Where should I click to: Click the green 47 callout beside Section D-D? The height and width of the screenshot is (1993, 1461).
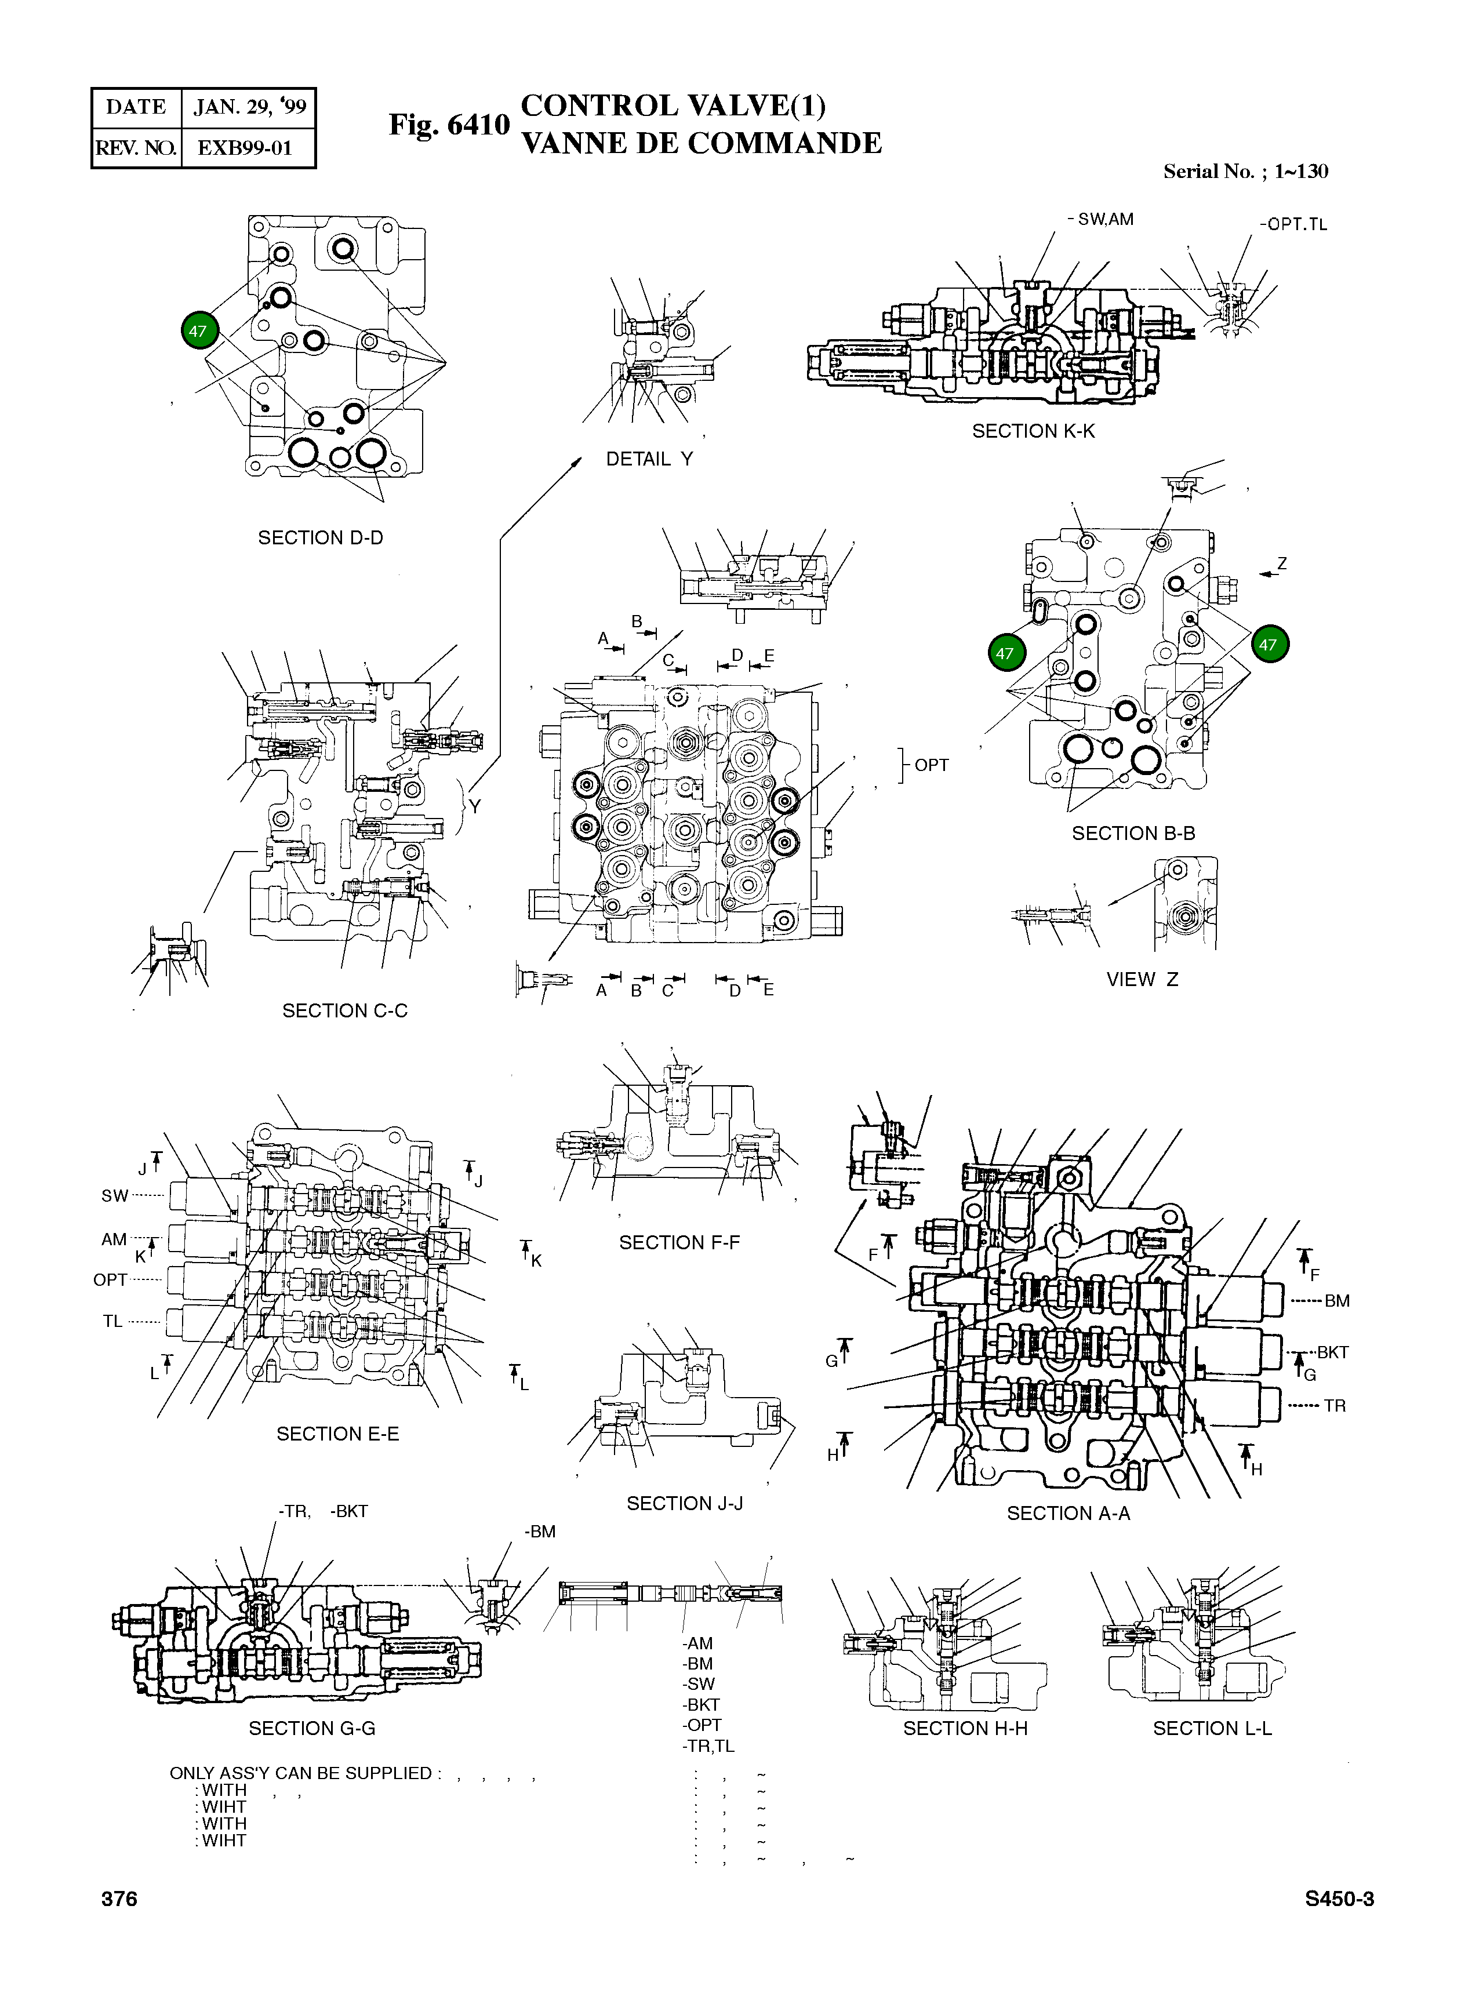coord(197,332)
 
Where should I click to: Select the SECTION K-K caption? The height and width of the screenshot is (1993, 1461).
coord(1033,431)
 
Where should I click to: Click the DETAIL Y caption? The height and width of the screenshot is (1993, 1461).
coord(649,459)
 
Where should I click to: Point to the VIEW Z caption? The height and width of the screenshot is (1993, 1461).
coord(1142,980)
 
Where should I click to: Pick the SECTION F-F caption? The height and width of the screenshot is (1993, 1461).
coord(679,1242)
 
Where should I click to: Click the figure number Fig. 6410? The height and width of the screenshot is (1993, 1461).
coord(449,125)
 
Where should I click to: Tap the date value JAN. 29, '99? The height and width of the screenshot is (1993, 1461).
coord(249,108)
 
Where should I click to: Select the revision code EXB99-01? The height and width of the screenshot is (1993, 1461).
coord(245,148)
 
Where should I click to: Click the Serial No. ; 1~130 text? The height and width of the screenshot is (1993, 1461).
coord(1245,172)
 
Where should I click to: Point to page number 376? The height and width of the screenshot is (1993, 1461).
coord(119,1899)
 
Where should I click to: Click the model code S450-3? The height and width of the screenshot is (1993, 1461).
coord(1339,1899)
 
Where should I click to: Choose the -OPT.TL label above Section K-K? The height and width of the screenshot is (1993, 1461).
coord(1293,224)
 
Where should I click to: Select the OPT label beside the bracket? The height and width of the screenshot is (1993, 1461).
coord(931,765)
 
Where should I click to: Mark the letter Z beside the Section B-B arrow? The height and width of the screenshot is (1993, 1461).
coord(1281,564)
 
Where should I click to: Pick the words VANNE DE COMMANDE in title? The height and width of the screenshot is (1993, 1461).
coord(702,143)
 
